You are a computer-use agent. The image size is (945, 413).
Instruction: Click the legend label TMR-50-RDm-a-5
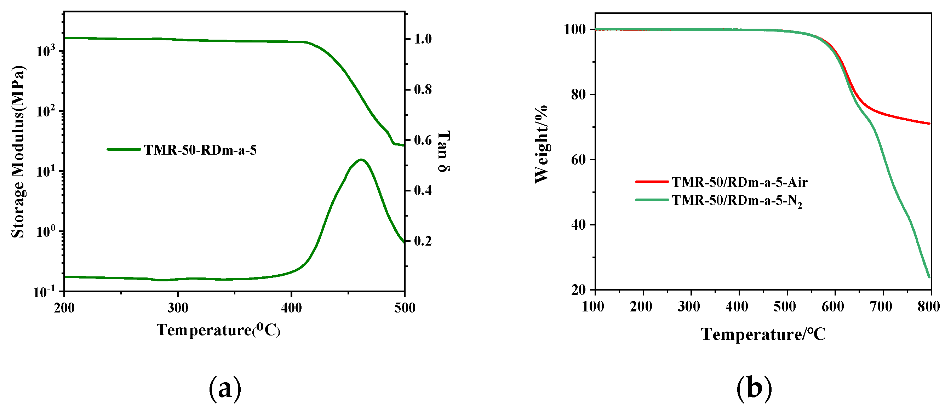[x=200, y=150]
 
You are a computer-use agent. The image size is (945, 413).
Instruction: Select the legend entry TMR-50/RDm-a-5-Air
[x=739, y=182]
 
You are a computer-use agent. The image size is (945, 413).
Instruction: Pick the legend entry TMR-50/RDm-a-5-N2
[x=737, y=200]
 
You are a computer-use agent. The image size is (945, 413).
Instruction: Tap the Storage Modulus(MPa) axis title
[x=18, y=152]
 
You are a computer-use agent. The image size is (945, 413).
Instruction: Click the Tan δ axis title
[x=444, y=151]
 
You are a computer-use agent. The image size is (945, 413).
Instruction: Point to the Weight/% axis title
[x=541, y=144]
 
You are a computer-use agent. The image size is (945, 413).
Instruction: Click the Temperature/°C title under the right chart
[x=763, y=334]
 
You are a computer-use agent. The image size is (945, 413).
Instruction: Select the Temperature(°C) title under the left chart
[x=218, y=330]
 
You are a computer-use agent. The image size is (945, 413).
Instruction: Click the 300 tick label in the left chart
[x=178, y=308]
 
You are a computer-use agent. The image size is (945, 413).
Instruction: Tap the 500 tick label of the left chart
[x=405, y=308]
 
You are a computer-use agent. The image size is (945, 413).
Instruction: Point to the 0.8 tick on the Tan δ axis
[x=423, y=90]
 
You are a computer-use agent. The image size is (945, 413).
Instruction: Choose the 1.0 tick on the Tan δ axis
[x=423, y=39]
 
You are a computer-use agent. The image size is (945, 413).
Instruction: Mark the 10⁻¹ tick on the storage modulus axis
[x=44, y=292]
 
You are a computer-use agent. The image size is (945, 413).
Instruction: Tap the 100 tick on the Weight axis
[x=574, y=29]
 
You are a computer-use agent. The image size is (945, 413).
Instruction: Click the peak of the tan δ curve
[x=361, y=160]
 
